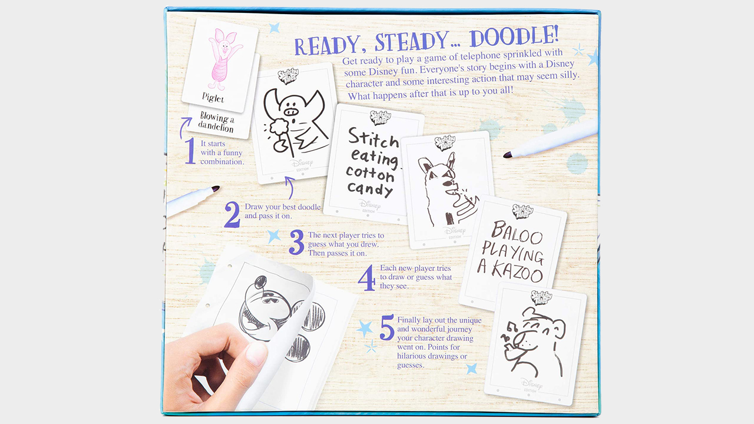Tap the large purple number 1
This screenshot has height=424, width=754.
(190, 151)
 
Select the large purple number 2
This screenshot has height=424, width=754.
(232, 215)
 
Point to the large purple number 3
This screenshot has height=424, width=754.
(296, 243)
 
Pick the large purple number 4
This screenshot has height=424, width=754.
(366, 278)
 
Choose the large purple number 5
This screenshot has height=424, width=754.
(386, 329)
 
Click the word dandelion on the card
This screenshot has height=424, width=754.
(216, 128)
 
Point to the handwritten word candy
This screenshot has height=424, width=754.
(370, 188)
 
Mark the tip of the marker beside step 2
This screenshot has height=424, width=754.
(215, 188)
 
